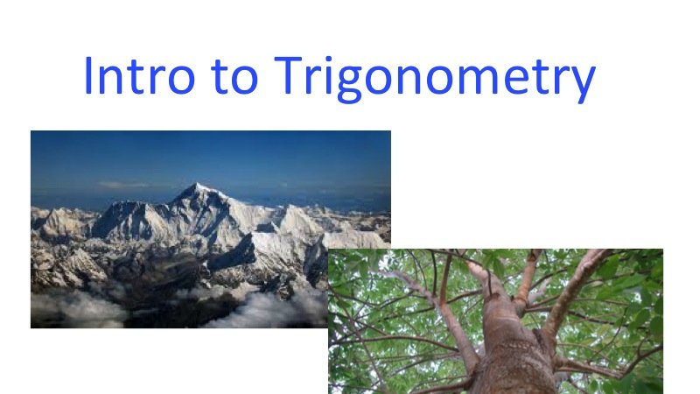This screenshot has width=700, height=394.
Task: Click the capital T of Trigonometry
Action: point(290,76)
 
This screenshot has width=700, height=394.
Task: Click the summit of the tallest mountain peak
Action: point(199,185)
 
